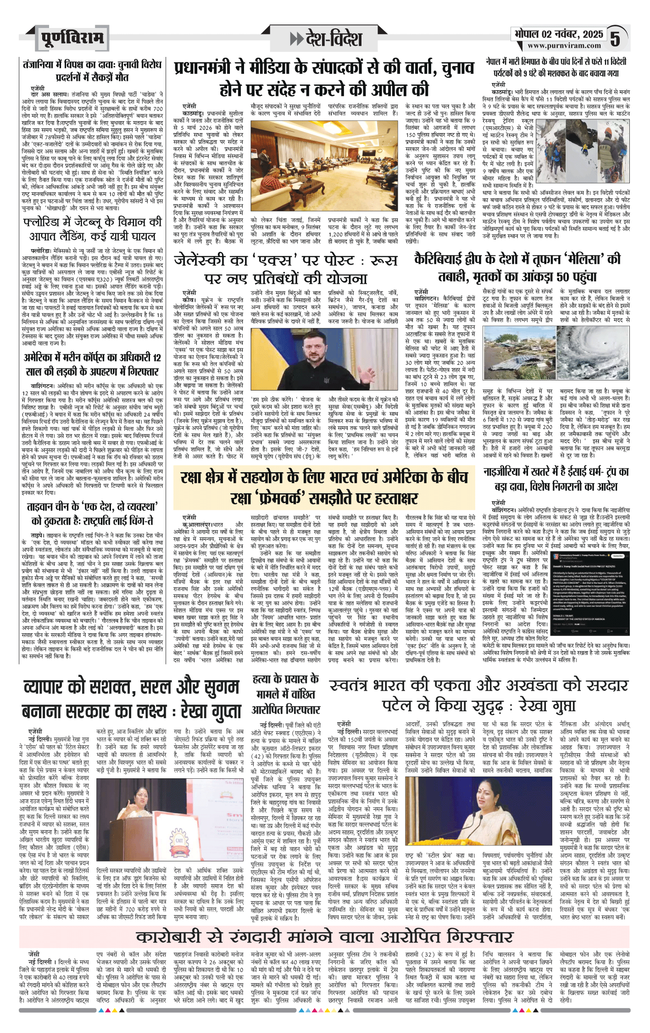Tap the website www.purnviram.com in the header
coord(564,45)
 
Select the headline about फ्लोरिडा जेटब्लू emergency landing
coord(92,229)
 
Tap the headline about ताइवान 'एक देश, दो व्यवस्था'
coord(92,514)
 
